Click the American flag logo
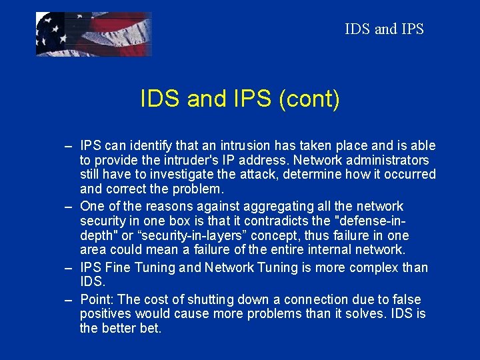[93, 34]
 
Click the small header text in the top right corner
[384, 29]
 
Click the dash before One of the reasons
[69, 206]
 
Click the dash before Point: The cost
[69, 299]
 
